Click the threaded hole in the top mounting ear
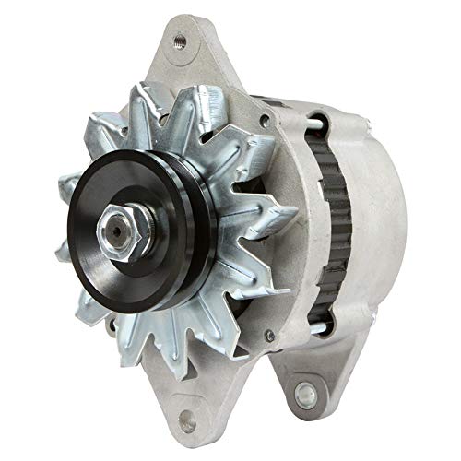(x=179, y=39)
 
